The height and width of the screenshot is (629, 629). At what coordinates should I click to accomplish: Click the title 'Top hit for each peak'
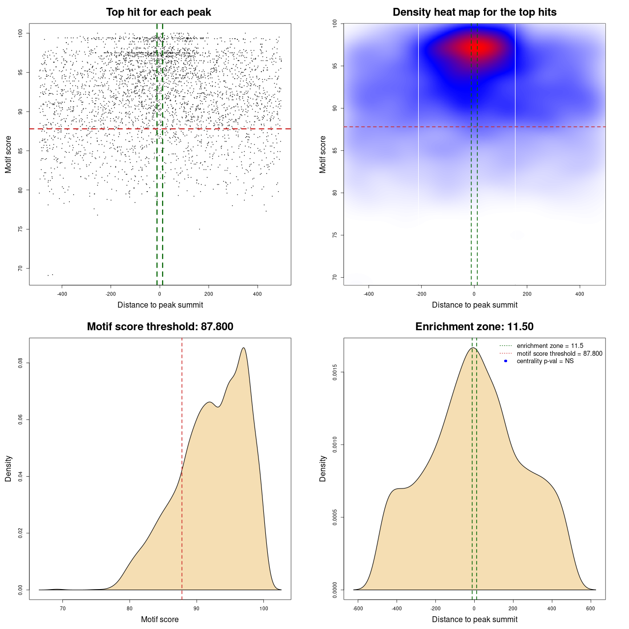(158, 12)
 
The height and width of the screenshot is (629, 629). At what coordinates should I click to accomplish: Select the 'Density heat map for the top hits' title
(474, 12)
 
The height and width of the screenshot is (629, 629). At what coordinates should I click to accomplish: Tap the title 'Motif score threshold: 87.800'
(160, 327)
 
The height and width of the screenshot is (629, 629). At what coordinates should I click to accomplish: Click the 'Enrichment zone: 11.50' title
(474, 327)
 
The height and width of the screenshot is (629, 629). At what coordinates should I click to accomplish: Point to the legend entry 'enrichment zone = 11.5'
(550, 346)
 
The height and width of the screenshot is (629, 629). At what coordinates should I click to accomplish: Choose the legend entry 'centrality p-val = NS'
(545, 361)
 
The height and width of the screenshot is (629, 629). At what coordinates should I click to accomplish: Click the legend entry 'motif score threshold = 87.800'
(559, 354)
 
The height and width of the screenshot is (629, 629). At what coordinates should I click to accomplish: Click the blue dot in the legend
(506, 361)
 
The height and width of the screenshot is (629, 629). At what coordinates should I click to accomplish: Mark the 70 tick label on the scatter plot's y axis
(20, 268)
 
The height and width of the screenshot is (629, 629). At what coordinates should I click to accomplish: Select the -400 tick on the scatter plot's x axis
(62, 294)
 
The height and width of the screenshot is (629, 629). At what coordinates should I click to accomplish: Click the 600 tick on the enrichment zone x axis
(591, 608)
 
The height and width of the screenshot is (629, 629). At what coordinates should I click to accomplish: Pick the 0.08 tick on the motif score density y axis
(20, 363)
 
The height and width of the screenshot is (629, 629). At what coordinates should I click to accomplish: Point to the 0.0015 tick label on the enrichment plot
(335, 372)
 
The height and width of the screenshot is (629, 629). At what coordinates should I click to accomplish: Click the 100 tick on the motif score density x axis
(264, 608)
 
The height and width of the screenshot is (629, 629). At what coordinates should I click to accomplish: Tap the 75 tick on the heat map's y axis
(335, 235)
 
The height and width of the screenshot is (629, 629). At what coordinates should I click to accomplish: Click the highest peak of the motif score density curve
(243, 348)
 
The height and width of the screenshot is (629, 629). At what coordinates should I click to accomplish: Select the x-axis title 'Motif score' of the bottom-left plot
(160, 619)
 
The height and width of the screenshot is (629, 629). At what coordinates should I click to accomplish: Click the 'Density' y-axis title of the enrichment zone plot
(323, 468)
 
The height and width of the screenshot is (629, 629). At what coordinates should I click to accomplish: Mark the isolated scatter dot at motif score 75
(200, 229)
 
